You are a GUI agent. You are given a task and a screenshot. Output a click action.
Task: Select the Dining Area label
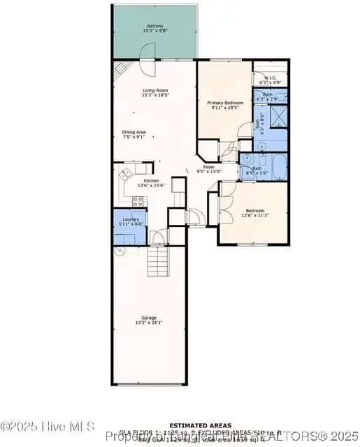coord(134,132)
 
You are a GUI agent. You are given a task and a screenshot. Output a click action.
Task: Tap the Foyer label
coord(209,167)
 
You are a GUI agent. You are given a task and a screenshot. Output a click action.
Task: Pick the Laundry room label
coord(131,220)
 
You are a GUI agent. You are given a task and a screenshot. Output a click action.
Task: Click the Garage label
coord(149,317)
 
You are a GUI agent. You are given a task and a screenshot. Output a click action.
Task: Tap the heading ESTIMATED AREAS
coord(180,424)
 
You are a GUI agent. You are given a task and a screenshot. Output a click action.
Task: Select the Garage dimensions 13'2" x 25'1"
coord(149,323)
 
